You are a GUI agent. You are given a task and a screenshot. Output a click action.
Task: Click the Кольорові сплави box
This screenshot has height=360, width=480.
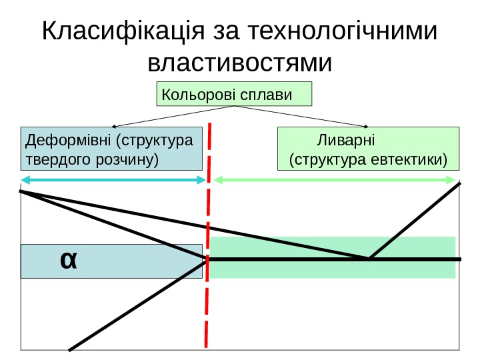234,94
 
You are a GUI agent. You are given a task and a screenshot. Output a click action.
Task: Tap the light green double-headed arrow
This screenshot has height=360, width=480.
335,179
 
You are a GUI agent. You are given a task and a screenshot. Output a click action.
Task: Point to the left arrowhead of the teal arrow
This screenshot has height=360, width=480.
25,180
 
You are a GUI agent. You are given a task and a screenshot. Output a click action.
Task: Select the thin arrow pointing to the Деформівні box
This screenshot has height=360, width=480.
173,116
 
